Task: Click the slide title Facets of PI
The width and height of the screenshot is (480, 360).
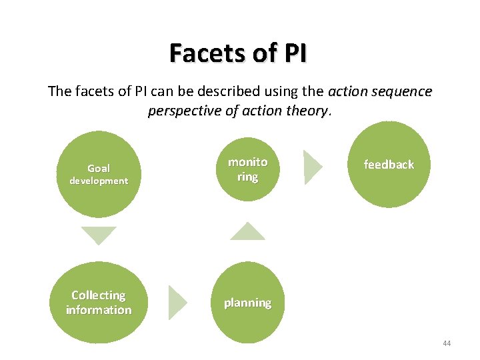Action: click(x=238, y=53)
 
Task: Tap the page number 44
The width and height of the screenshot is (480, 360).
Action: click(x=446, y=343)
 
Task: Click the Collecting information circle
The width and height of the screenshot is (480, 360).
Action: click(x=99, y=302)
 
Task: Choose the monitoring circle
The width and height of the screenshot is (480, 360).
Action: click(x=247, y=169)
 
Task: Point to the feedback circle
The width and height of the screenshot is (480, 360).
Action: click(x=389, y=165)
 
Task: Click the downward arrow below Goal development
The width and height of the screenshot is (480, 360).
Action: click(x=99, y=236)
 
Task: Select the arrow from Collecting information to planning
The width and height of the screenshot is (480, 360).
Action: click(x=177, y=302)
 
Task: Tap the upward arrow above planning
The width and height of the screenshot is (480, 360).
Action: click(x=247, y=231)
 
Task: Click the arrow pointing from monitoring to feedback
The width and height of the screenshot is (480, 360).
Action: click(x=312, y=167)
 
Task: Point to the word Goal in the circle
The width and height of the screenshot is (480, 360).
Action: click(x=99, y=169)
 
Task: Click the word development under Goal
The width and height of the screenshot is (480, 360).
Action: click(x=99, y=181)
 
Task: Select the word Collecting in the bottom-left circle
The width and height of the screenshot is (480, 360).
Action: click(x=99, y=295)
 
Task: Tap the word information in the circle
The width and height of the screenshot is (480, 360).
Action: click(x=99, y=310)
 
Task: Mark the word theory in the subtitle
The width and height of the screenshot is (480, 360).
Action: click(x=307, y=111)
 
